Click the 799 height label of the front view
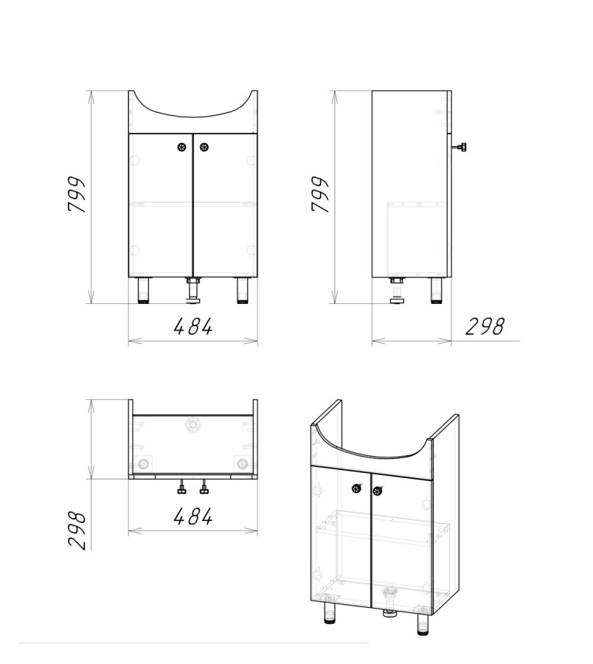[77, 194]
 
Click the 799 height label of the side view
[320, 194]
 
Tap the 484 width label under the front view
[193, 327]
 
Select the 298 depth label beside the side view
[485, 327]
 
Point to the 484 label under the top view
[193, 516]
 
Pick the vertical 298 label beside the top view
[77, 530]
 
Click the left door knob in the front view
[181, 148]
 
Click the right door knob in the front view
[204, 148]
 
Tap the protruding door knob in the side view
[460, 148]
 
